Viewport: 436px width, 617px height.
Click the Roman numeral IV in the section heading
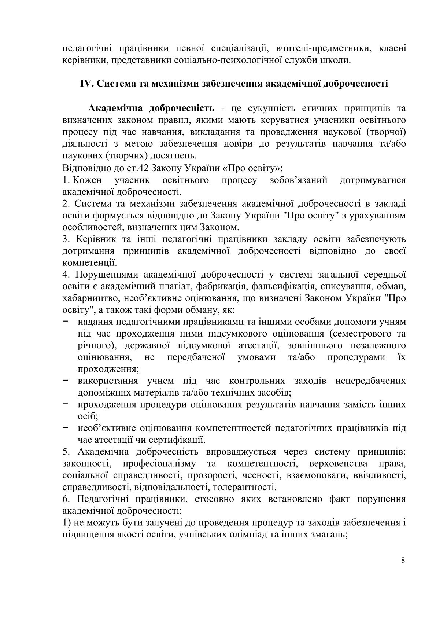87,84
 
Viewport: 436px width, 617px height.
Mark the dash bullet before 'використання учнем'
66,381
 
